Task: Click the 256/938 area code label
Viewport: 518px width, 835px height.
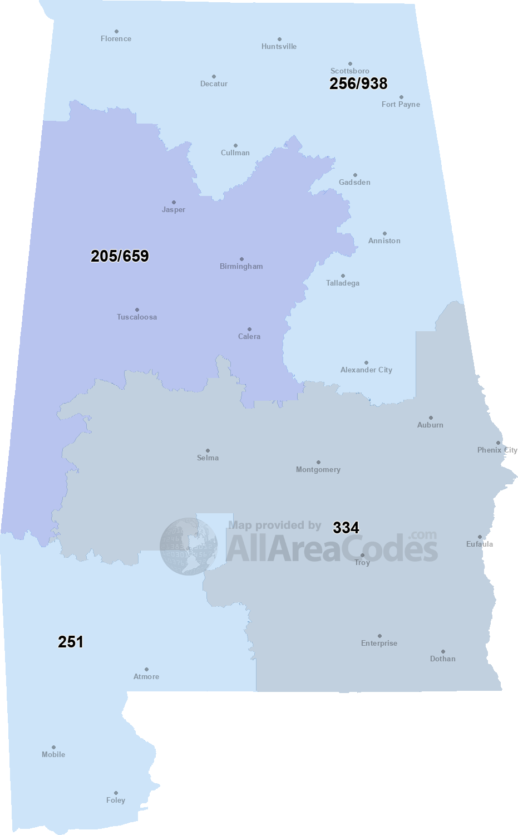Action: [358, 83]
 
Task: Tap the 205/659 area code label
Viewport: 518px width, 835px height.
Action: [120, 256]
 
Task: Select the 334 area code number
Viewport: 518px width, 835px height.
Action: [346, 528]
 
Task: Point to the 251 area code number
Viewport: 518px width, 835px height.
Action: [71, 642]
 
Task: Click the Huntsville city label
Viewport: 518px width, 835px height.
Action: [279, 47]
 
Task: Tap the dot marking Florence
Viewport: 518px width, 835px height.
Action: [116, 32]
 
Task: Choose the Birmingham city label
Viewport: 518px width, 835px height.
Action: [241, 267]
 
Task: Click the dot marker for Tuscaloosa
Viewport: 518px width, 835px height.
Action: [137, 310]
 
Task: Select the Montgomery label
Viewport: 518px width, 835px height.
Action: [318, 470]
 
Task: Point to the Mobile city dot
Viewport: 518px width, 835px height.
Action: [53, 748]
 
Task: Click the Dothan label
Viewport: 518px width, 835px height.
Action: [442, 659]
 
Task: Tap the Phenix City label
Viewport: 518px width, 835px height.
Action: [497, 450]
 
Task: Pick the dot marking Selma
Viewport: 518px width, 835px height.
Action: [208, 450]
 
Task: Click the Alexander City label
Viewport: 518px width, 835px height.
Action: [366, 370]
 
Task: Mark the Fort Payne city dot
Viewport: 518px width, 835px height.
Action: [401, 97]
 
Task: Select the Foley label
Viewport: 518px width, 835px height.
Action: [116, 800]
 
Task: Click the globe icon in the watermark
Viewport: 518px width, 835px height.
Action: [189, 546]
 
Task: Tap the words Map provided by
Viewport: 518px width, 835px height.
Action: [274, 525]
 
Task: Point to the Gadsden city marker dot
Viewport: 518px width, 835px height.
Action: [355, 175]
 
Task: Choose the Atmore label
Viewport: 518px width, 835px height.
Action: [146, 677]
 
